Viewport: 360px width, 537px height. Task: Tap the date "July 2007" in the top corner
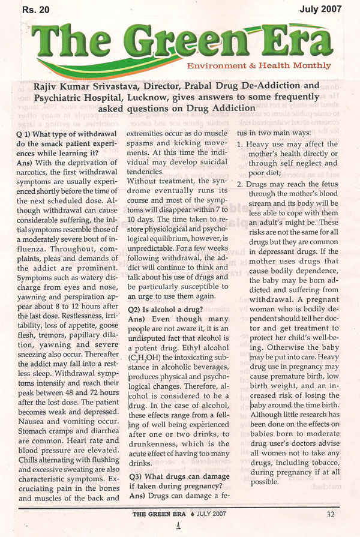pyautogui.click(x=322, y=8)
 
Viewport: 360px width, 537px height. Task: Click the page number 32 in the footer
pyautogui.click(x=331, y=514)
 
